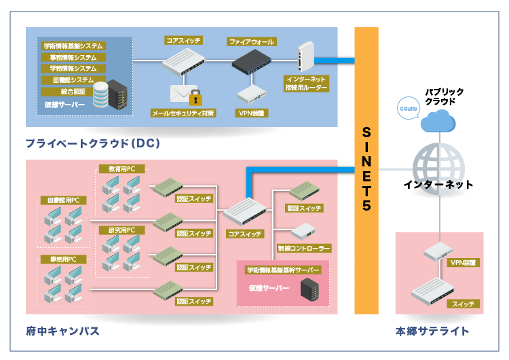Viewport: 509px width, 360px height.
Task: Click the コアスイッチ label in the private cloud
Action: (183, 41)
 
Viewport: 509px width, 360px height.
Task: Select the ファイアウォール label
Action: (251, 42)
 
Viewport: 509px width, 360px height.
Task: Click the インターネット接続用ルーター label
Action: (306, 84)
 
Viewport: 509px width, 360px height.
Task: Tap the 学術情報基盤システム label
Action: (73, 46)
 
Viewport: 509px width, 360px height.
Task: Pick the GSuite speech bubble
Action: (409, 109)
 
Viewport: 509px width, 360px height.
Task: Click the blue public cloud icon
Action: (439, 122)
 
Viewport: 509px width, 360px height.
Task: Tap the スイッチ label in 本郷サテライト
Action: (464, 304)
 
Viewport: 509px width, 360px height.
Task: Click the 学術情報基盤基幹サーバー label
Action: (282, 270)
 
